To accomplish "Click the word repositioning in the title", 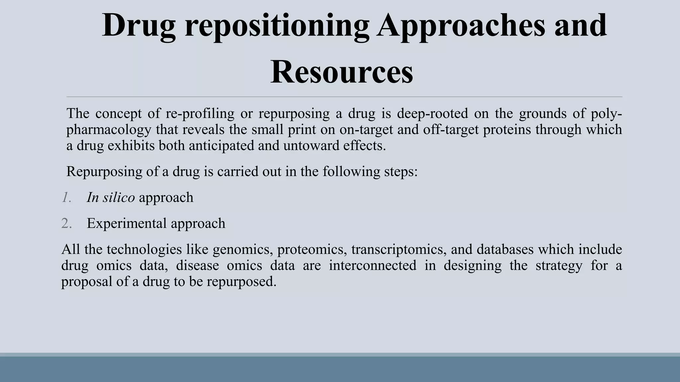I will pyautogui.click(x=277, y=26).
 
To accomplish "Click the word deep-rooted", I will pyautogui.click(x=432, y=113).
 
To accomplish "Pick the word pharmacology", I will pyautogui.click(x=109, y=130).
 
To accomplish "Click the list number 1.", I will pyautogui.click(x=66, y=198).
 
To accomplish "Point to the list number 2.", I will pyautogui.click(x=66, y=223).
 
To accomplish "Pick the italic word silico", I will pyautogui.click(x=119, y=198).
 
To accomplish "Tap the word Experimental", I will pyautogui.click(x=127, y=223).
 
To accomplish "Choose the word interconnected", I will pyautogui.click(x=373, y=266).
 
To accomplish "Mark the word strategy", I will pyautogui.click(x=559, y=266).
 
